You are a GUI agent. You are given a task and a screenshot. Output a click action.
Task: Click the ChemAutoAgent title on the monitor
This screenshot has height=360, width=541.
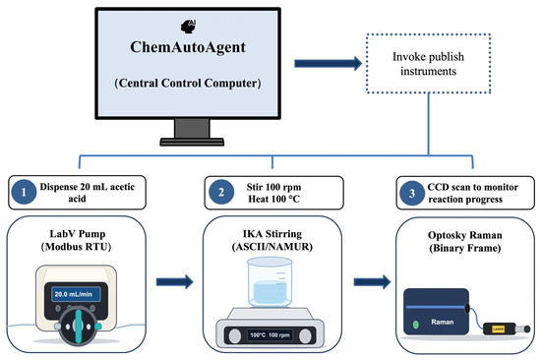coord(188,47)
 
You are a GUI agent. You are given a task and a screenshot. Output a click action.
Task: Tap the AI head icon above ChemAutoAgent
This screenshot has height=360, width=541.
coord(189,27)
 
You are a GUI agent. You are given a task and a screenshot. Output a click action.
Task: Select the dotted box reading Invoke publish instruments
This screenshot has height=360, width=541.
coord(428,64)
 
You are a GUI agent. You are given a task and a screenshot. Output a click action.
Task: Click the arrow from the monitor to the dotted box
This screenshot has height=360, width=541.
coord(328,64)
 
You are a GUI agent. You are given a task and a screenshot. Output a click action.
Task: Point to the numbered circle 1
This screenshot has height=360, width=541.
coord(24,192)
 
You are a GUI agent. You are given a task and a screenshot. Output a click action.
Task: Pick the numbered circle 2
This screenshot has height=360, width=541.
coord(221,192)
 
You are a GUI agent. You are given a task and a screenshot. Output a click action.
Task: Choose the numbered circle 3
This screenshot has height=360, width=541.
coord(412,193)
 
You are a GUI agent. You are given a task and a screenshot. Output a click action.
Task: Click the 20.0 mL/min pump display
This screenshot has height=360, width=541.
coord(77,294)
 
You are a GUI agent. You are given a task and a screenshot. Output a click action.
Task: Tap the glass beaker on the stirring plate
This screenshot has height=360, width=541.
coord(270,282)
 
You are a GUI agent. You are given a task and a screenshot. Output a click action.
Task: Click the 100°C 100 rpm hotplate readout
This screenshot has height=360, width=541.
coord(270,334)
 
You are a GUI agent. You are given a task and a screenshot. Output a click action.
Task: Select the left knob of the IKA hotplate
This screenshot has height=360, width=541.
coord(235,335)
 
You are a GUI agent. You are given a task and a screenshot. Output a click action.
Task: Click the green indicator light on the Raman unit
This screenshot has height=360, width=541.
coord(416,325)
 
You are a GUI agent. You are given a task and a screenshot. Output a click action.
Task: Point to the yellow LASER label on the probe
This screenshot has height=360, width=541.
coord(498,329)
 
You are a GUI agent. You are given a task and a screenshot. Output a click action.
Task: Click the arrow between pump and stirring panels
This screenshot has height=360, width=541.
coord(174,281)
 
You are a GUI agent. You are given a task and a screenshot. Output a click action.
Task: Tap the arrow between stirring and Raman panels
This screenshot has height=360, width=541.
coord(372,281)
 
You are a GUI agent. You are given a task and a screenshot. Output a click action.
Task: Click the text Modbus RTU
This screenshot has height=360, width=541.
coord(77,247)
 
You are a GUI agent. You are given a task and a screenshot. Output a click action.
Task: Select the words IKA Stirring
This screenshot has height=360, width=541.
coord(272,234)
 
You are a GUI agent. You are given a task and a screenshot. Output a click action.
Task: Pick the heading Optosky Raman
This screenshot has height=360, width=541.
coord(464,235)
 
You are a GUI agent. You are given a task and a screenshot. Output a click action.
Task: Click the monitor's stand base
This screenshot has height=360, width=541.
coord(192,142)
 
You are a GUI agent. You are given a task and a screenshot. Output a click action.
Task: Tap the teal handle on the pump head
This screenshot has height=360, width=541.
coord(79,327)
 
